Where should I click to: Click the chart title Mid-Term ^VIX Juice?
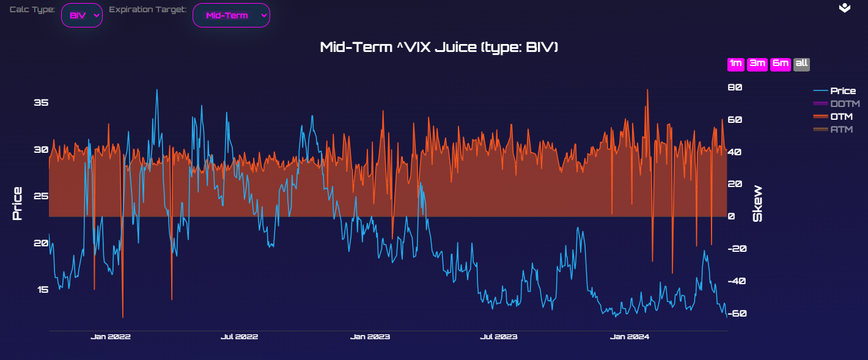(439, 48)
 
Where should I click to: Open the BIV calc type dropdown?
(81, 16)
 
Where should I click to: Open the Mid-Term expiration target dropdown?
(231, 16)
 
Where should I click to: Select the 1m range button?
(735, 64)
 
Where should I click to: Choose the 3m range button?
(757, 64)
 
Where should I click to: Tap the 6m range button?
(780, 64)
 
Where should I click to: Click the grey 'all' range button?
(801, 64)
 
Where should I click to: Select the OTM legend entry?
(841, 117)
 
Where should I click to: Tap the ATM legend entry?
(841, 130)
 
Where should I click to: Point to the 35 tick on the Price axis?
(41, 103)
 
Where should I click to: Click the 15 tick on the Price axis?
(41, 290)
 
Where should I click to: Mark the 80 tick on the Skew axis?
(735, 87)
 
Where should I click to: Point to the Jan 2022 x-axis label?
(111, 337)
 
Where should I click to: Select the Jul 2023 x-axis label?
(499, 337)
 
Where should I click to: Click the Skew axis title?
(758, 204)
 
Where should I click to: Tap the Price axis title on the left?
(17, 204)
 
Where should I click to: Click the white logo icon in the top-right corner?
(844, 8)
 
